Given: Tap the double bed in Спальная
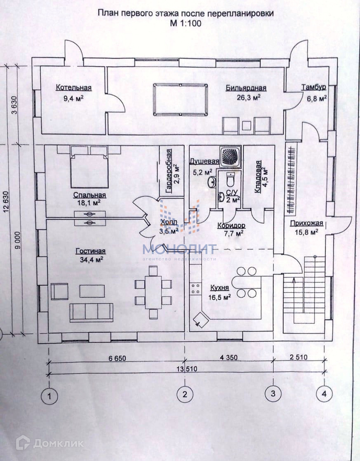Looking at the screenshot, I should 89,169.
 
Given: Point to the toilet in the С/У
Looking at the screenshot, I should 230,180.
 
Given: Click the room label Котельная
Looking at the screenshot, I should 74,88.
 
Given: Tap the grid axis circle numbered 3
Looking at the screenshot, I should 273,394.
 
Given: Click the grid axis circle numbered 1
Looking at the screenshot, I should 49,396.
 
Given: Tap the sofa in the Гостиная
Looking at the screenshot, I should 91,312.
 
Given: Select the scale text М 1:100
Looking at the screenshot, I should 185,23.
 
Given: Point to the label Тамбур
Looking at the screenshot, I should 313,87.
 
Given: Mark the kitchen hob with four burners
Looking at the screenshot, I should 195,288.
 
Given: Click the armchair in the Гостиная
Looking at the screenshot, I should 60,291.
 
